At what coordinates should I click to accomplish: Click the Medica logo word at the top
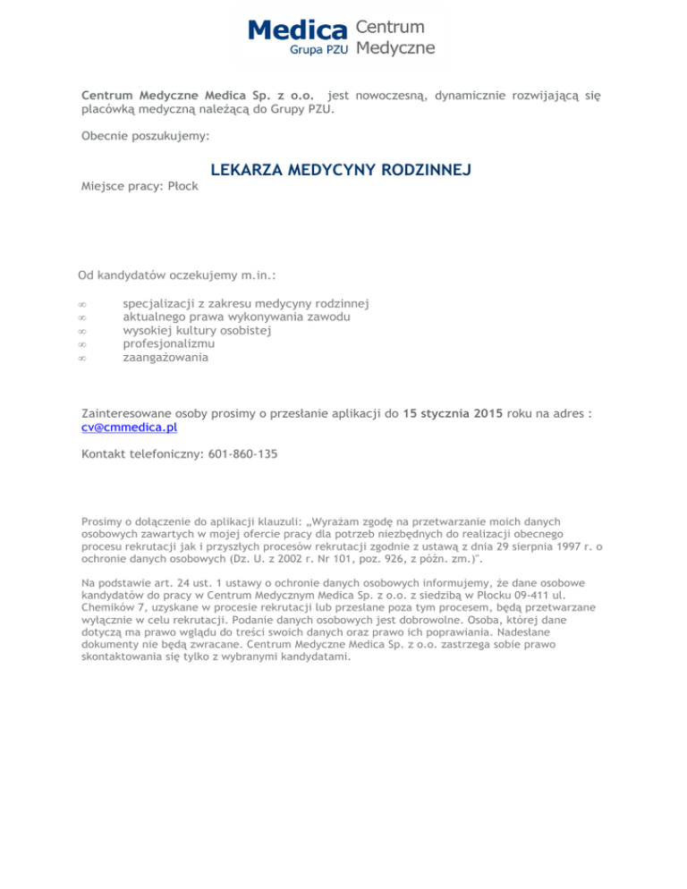[297, 30]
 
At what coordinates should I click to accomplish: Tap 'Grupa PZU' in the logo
[318, 51]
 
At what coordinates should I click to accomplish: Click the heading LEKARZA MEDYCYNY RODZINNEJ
[341, 170]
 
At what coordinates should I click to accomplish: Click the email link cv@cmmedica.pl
[129, 428]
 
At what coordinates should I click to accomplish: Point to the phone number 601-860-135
[242, 454]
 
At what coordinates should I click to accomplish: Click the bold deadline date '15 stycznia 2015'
[454, 414]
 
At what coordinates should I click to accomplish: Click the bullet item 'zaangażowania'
[165, 357]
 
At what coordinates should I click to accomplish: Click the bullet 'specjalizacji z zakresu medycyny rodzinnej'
[247, 304]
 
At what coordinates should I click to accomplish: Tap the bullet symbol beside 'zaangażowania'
[81, 358]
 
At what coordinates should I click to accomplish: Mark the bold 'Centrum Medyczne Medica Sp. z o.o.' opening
[198, 95]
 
